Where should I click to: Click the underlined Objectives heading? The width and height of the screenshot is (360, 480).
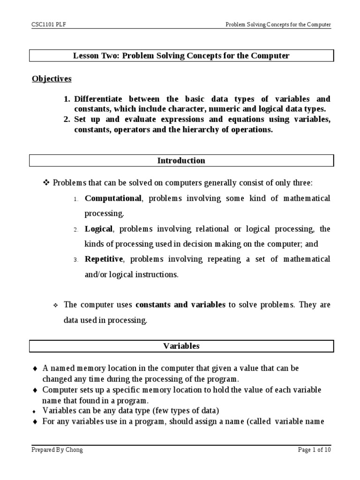click(x=52, y=79)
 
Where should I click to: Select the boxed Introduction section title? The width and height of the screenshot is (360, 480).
click(x=181, y=161)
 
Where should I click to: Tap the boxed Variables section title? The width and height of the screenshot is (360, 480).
click(x=181, y=346)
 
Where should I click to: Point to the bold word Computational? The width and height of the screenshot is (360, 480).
click(x=112, y=198)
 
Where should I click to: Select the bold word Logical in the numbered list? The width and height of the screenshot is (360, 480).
click(x=98, y=229)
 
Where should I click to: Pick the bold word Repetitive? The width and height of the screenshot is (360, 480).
click(x=104, y=259)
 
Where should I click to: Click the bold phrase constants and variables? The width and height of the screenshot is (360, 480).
click(x=180, y=305)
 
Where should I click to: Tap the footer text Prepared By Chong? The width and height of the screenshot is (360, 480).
click(x=57, y=450)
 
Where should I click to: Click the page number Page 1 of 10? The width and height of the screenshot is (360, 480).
click(x=315, y=450)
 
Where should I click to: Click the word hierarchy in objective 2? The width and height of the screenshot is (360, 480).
click(x=220, y=130)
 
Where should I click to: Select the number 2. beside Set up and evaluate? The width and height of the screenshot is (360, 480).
click(x=67, y=120)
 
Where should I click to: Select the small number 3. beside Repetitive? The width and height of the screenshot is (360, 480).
click(x=75, y=260)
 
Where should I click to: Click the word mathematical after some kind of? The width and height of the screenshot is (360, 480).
click(x=307, y=198)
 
